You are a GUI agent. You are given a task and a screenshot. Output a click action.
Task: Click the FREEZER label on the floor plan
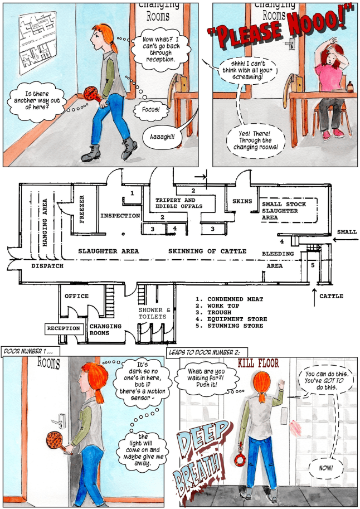(x=82, y=209)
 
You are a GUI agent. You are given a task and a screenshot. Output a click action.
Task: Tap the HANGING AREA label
(x=45, y=222)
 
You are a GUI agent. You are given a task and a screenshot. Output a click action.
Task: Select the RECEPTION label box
(x=64, y=328)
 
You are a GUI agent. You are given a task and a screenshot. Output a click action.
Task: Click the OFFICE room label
(x=76, y=296)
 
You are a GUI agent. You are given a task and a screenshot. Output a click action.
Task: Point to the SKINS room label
(x=242, y=201)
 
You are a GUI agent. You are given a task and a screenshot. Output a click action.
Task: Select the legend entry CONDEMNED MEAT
(x=230, y=299)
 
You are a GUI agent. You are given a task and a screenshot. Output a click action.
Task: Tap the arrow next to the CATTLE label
(x=314, y=297)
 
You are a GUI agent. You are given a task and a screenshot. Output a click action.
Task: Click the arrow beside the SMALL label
(x=346, y=240)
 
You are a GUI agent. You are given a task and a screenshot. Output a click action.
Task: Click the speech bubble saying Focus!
(x=151, y=109)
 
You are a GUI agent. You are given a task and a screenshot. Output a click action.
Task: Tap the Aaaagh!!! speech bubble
(x=162, y=137)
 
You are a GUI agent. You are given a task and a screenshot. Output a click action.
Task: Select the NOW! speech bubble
(x=325, y=468)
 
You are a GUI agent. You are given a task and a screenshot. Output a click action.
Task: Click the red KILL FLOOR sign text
(x=259, y=363)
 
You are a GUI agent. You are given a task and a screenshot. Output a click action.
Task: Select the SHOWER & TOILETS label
(x=154, y=313)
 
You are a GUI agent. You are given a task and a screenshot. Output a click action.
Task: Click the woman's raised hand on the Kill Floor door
(x=281, y=385)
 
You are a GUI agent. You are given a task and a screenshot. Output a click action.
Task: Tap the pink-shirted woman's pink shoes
(x=332, y=134)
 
